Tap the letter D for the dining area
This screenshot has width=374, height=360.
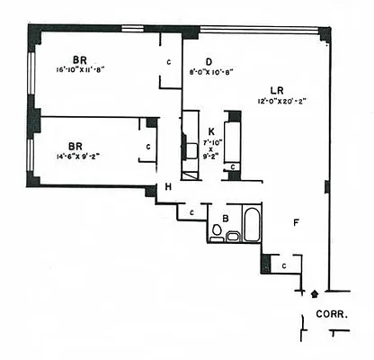[208, 61]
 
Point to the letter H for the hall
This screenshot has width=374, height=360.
[167, 186]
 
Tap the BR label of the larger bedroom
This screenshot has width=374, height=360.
[79, 62]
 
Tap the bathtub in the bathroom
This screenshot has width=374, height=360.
[252, 225]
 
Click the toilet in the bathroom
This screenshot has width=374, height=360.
[217, 232]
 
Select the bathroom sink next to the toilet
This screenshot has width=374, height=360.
[233, 236]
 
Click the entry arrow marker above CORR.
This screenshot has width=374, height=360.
[314, 293]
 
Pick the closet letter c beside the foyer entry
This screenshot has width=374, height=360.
[283, 265]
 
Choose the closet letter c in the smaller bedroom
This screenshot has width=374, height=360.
[148, 146]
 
